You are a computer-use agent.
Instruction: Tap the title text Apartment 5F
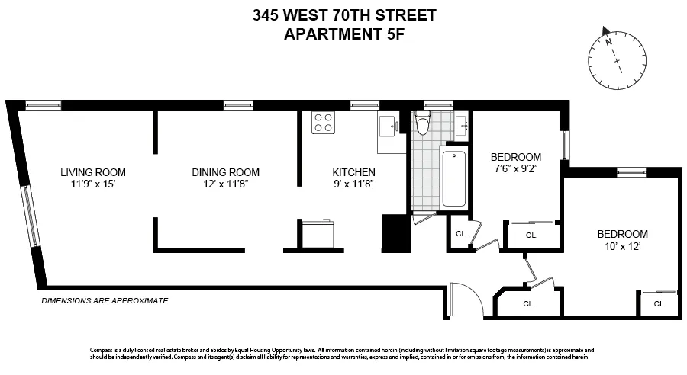343,34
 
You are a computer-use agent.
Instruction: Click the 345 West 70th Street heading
343,14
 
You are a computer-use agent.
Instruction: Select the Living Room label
93,172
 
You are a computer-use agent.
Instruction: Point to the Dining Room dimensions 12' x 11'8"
225,184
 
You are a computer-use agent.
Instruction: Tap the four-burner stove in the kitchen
324,123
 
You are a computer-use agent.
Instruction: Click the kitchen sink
389,124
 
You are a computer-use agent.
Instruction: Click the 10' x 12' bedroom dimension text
622,246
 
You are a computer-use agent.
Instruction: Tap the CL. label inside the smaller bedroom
531,236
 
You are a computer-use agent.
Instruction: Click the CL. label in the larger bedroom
660,303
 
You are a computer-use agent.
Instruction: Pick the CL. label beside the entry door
529,303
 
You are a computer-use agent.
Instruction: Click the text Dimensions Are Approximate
104,301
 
